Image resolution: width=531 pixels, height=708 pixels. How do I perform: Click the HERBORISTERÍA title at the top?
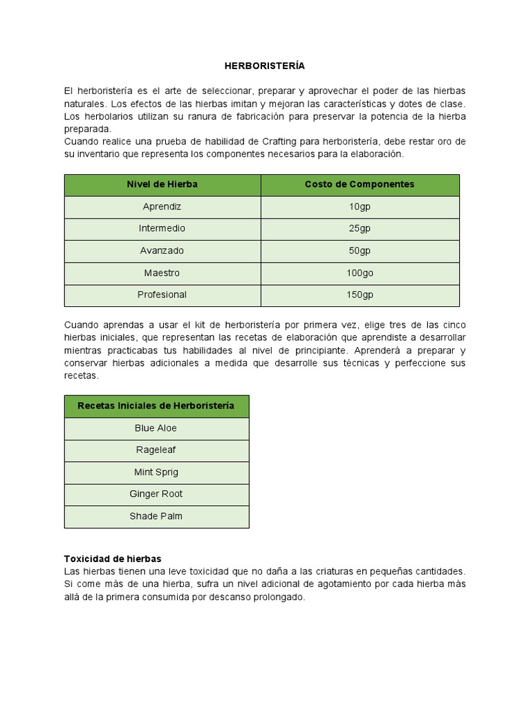pos(265,66)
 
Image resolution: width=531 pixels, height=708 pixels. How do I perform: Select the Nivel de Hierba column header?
pos(162,185)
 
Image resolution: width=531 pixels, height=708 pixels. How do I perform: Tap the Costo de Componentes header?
pos(360,185)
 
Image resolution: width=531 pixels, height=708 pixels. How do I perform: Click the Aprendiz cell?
pos(162,207)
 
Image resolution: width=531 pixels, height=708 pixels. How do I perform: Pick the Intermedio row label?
pos(162,229)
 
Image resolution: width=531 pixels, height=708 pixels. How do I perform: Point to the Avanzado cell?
pos(162,251)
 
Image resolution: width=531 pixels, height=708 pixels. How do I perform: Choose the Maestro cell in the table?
pos(162,273)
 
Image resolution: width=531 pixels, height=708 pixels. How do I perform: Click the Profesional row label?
pos(162,295)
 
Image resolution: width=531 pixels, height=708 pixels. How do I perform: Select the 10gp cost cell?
pos(360,207)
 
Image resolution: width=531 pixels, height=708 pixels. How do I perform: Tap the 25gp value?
pos(360,229)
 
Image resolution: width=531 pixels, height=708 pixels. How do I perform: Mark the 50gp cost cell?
pos(360,251)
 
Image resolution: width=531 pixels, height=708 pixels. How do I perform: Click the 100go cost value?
pos(360,273)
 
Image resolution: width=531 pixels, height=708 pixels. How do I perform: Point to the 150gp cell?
pos(360,295)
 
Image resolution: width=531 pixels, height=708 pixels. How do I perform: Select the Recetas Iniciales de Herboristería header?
pos(156,406)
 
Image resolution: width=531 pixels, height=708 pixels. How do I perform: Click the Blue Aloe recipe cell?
pos(156,429)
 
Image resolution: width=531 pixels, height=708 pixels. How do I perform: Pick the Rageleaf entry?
pos(156,451)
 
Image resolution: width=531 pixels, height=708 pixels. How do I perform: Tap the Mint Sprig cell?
pos(156,473)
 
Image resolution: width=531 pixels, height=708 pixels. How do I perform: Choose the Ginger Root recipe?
pos(156,494)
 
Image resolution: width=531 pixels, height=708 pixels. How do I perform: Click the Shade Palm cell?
pos(156,516)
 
